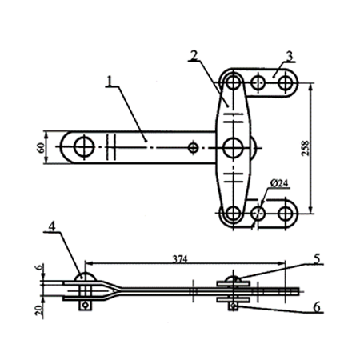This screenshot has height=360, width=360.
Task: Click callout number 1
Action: coord(109,81)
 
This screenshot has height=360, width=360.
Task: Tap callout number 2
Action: coord(194,55)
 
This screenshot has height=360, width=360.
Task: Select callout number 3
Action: coord(290,56)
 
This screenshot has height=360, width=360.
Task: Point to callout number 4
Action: coord(52,226)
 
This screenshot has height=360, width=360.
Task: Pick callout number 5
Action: coord(317,258)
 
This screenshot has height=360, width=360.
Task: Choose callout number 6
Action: coord(317,307)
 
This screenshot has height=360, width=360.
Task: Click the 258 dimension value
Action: coord(305,148)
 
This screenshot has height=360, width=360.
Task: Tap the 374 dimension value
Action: coord(180,259)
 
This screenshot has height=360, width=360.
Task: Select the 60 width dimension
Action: coord(41,148)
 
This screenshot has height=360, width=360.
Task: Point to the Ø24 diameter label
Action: coord(279,183)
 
